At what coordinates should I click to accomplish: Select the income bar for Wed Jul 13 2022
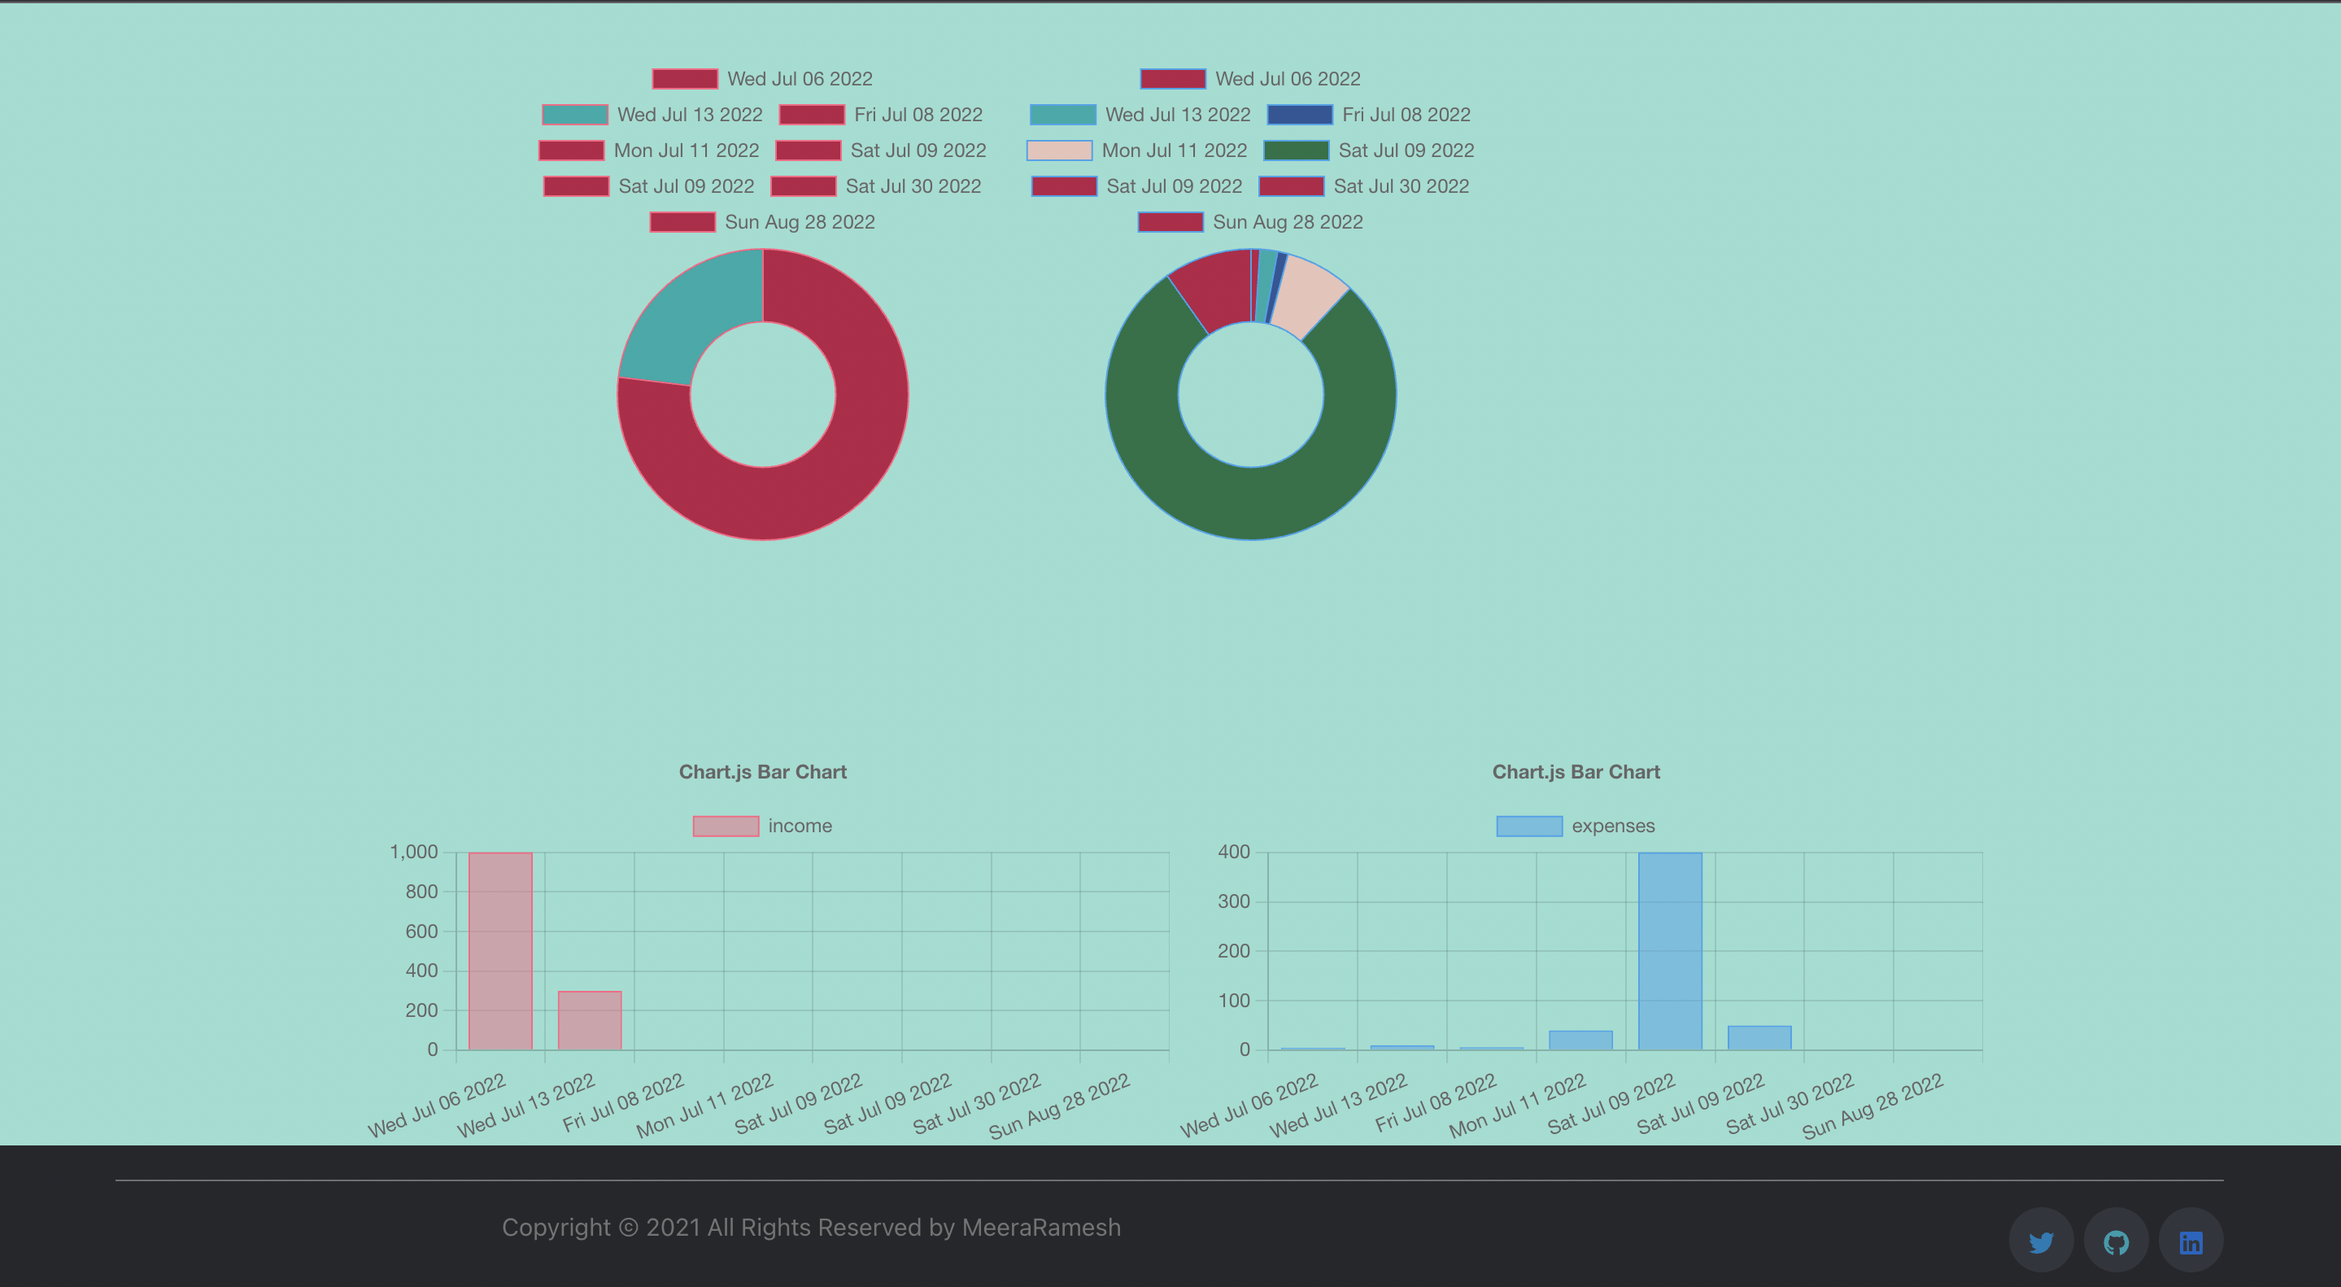pos(589,1020)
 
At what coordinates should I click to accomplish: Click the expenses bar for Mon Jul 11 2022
pos(1580,1040)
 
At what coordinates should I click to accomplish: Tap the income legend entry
pos(762,825)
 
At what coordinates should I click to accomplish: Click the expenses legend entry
pos(1576,825)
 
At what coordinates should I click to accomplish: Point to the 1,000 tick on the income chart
pos(413,852)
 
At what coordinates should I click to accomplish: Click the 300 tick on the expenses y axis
pos(1233,901)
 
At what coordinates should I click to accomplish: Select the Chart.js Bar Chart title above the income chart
pos(762,772)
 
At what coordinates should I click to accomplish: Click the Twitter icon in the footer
pos(2041,1241)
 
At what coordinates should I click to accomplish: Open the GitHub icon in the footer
pos(2116,1241)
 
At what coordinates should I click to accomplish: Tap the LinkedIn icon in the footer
pos(2191,1241)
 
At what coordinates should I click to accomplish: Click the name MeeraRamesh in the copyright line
pos(1040,1227)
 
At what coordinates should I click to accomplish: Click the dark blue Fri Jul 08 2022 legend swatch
pos(1300,115)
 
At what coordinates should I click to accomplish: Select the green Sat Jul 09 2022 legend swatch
pos(1296,150)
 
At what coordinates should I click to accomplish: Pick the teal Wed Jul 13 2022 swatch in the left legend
pos(574,115)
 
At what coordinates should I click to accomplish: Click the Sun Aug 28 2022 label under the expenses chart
pos(1874,1106)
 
